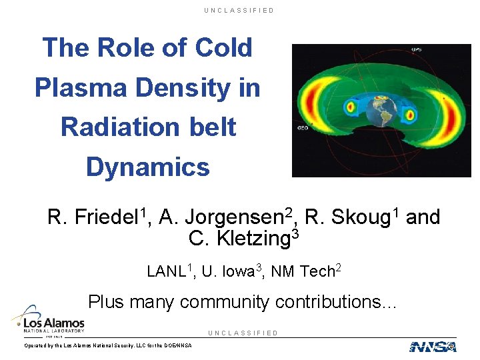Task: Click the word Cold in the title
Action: click(223, 48)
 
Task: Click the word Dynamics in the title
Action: click(147, 167)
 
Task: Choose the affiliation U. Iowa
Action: click(227, 272)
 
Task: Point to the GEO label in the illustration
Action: click(302, 127)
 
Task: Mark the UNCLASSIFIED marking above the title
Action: click(239, 11)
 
